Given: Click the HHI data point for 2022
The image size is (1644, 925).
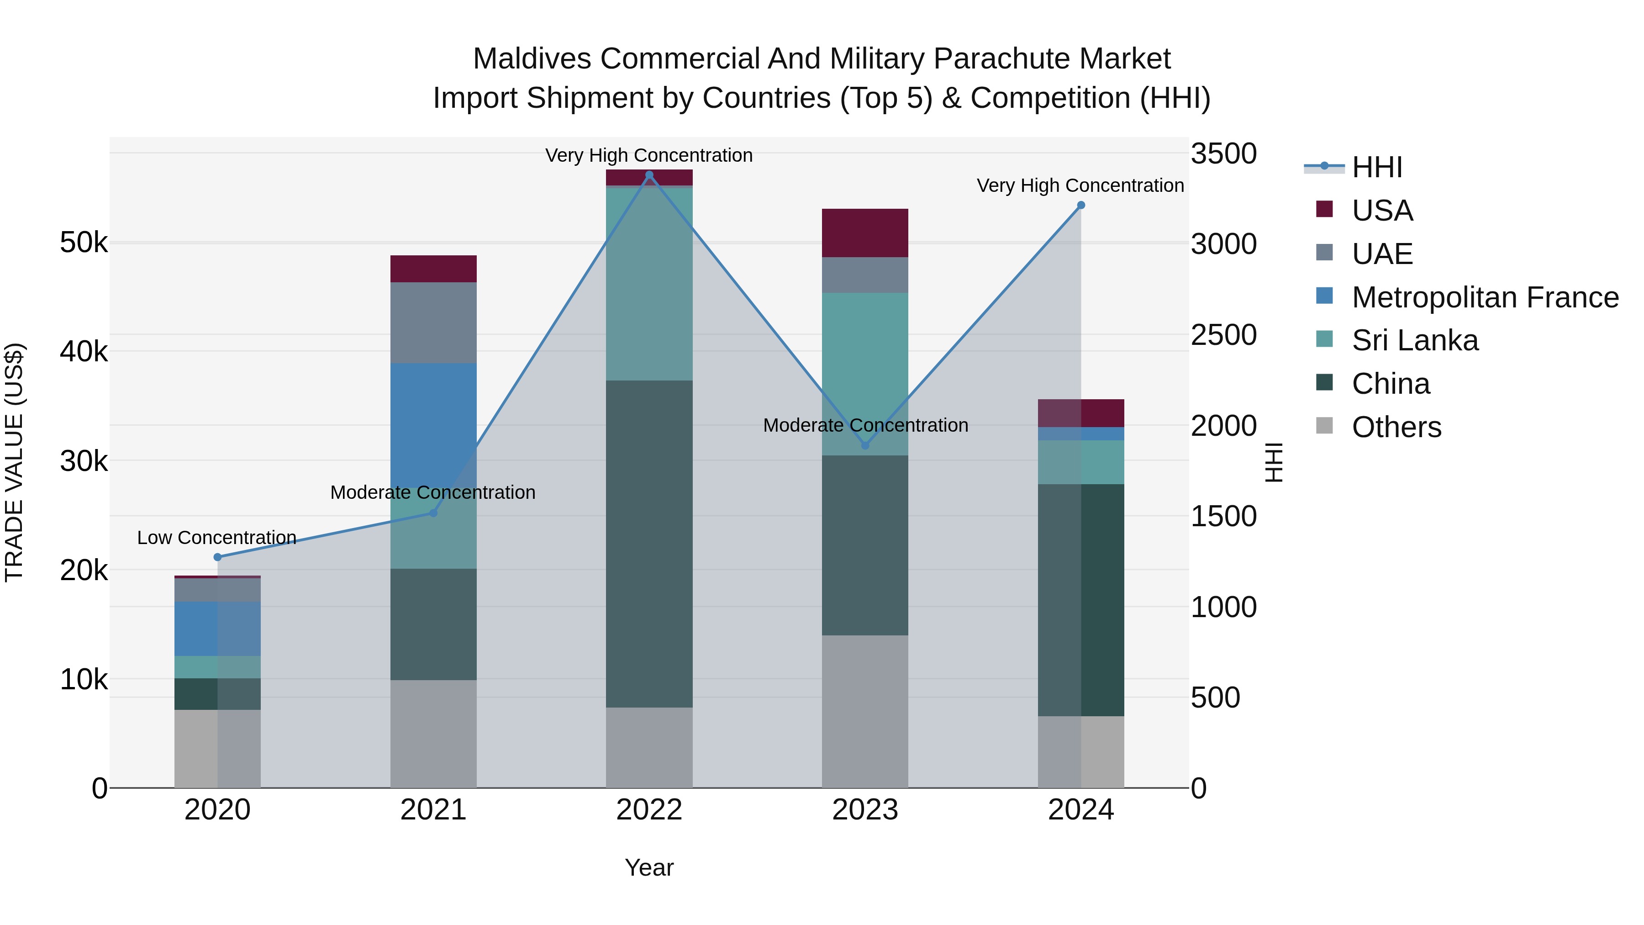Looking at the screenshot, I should pos(649,175).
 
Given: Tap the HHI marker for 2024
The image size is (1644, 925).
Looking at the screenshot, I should pos(1080,206).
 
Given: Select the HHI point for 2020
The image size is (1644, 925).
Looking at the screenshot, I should pos(218,557).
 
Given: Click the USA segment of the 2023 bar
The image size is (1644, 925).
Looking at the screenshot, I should pos(865,233).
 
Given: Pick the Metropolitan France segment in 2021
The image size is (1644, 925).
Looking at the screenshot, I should pos(433,424).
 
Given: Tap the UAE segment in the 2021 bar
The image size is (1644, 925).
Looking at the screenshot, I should pos(433,322).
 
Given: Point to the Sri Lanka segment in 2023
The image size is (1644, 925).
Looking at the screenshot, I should pos(865,374).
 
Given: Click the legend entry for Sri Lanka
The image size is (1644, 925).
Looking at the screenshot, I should pos(1414,340).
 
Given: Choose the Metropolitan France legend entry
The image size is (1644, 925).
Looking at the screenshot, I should pos(1485,297).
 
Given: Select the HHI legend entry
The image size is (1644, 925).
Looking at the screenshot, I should pos(1376,167).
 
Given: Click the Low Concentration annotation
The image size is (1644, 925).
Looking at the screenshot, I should pos(216,538).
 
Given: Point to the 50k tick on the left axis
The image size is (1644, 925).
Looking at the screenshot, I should pos(84,243).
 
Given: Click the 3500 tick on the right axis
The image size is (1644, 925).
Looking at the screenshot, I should pos(1223,154).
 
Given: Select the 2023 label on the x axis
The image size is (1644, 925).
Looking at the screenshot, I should pos(865,810).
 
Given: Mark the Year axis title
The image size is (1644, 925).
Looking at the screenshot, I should pos(649,867).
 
